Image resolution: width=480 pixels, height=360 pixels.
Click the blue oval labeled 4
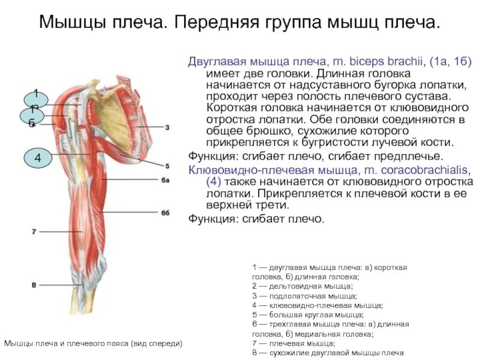tap(38, 158)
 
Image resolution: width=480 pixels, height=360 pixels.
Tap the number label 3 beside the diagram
tap(167, 127)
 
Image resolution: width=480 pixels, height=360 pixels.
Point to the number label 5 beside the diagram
tap(167, 166)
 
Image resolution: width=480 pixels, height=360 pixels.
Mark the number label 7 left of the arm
tap(34, 231)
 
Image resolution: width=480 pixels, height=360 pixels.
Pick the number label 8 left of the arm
tap(34, 284)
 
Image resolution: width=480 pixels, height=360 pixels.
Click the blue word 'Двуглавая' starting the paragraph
tap(214, 61)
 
